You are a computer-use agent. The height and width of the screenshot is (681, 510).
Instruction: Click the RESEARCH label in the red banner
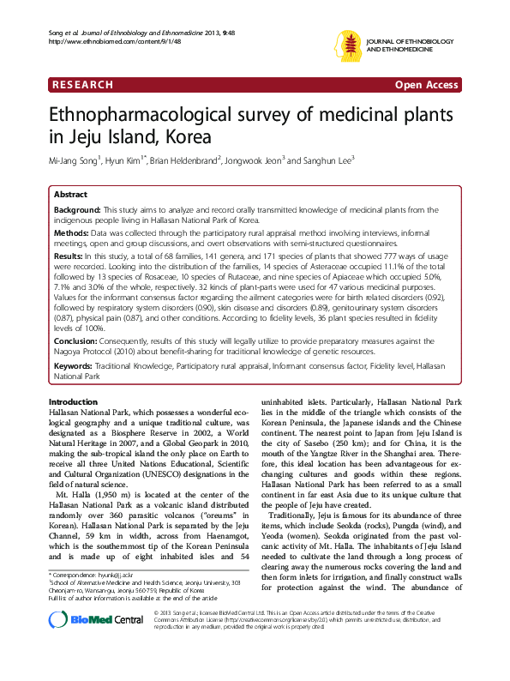click(82, 86)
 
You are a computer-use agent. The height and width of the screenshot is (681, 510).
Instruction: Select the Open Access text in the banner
click(425, 86)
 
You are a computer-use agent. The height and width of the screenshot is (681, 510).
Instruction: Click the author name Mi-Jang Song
click(75, 160)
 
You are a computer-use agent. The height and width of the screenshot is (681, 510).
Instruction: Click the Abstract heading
click(71, 195)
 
